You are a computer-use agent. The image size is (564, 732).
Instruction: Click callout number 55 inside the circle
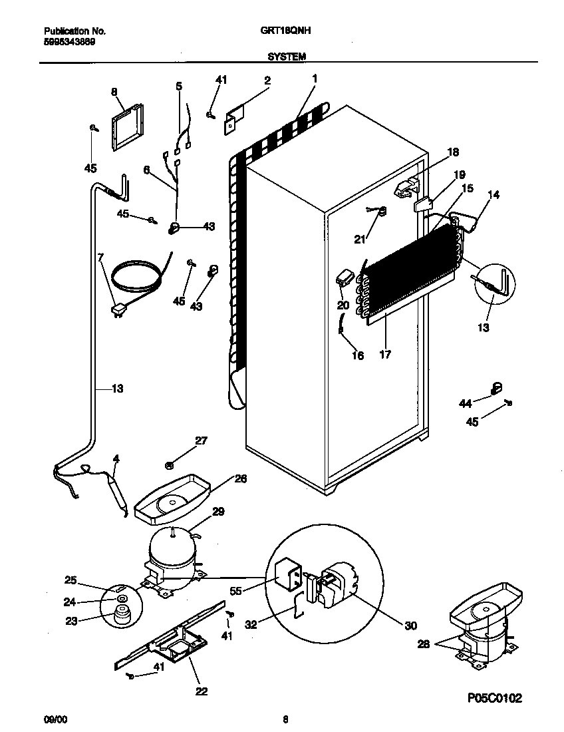point(252,590)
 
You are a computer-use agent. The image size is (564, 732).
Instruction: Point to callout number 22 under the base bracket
point(202,691)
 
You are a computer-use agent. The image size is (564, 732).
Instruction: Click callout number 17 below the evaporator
point(384,355)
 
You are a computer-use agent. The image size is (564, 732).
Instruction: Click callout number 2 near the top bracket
point(267,81)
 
